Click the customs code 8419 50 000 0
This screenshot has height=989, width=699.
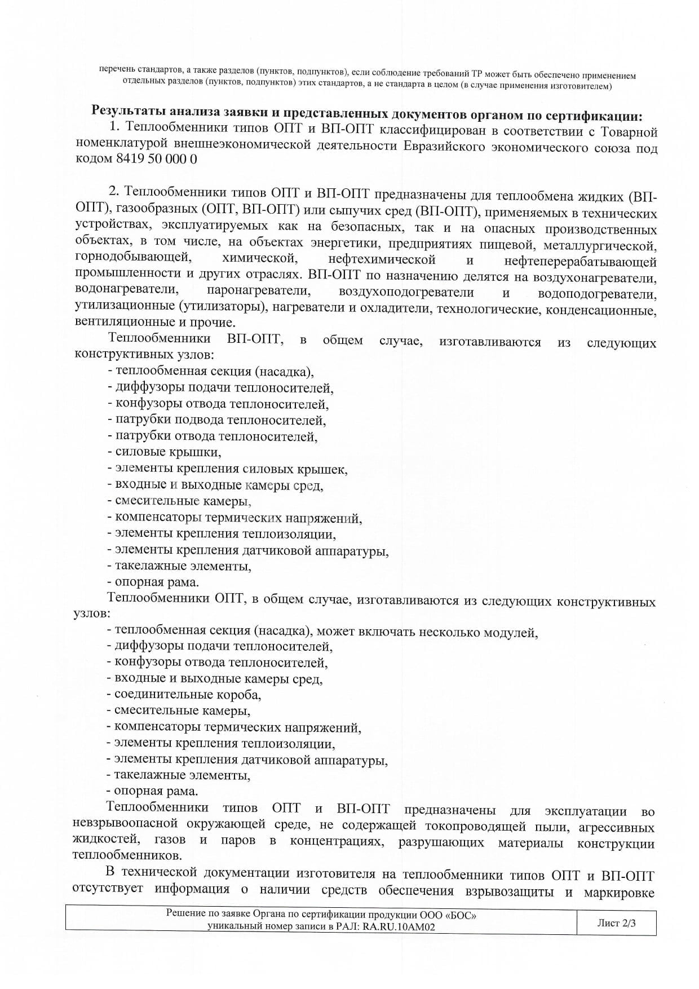point(157,159)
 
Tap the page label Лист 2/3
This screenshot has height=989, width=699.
point(616,924)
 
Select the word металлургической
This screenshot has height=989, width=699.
point(600,246)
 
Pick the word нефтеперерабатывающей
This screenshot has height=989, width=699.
point(580,262)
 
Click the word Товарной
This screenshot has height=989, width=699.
point(631,133)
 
